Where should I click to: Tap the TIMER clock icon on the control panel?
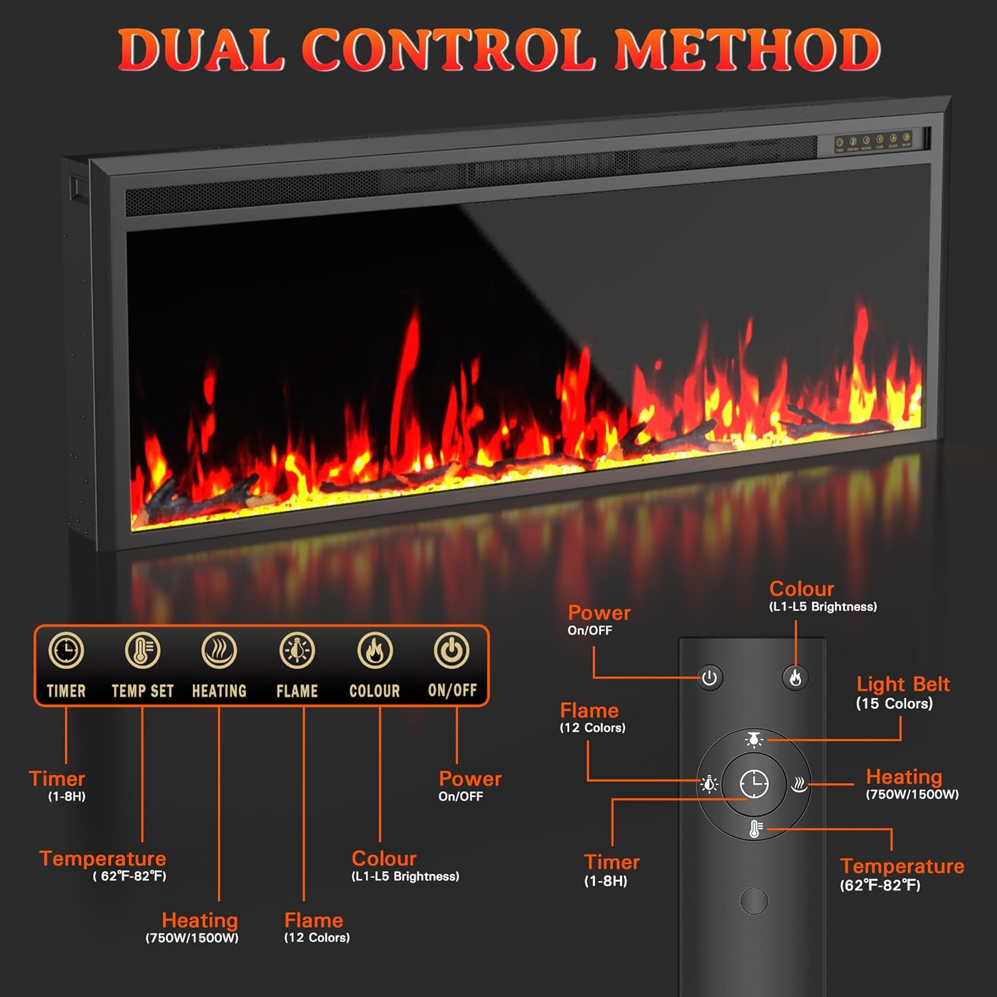coord(66,650)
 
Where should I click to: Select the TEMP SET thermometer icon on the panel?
coord(142,650)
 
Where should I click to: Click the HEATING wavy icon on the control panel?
coord(219,650)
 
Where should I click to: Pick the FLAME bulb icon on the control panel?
coord(296,650)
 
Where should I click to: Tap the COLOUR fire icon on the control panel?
coord(375,650)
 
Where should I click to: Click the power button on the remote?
coord(709,678)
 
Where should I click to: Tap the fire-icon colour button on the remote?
coord(795,678)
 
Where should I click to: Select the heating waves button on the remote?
coord(799,785)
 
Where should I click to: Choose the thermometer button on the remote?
coord(755,829)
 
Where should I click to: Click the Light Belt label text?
coord(903,684)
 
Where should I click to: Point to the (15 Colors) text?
coord(894,703)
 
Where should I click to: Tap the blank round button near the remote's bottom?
coord(754,901)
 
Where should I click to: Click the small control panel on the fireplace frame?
coord(873,142)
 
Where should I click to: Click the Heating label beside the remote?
coord(904,776)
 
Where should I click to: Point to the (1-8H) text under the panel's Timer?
coord(66,796)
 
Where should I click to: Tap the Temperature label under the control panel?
coord(102,858)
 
